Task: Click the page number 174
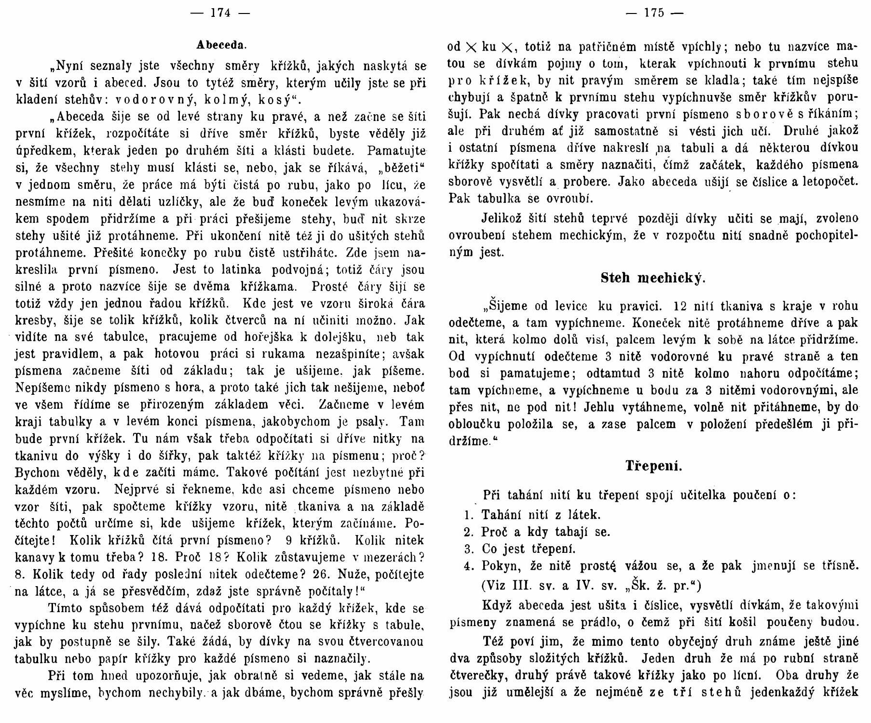click(221, 13)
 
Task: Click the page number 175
click(653, 13)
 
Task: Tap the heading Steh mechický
click(653, 279)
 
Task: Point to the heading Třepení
click(653, 466)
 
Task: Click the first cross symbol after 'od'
click(472, 47)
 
